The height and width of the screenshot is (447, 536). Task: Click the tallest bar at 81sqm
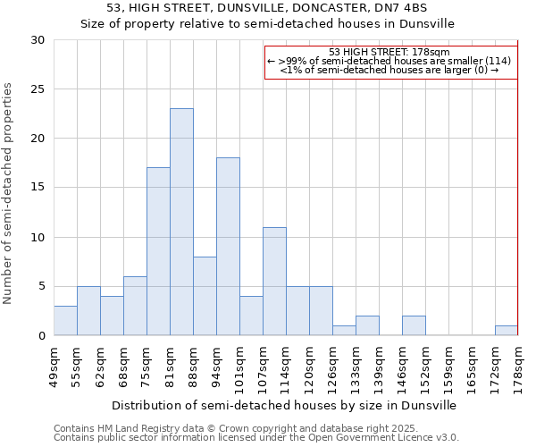(181, 222)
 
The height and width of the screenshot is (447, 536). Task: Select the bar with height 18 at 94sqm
(228, 247)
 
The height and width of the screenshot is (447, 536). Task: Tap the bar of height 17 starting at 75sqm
(158, 251)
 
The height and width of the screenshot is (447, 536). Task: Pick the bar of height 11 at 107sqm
(274, 281)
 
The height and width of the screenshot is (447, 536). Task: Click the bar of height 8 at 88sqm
(205, 296)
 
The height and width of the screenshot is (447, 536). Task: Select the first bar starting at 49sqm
(65, 320)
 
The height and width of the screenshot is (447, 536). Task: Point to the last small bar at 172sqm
(506, 330)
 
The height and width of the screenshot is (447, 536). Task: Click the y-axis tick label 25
(37, 89)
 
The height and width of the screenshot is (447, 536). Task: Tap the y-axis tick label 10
(37, 238)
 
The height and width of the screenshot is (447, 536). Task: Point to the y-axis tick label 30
(37, 40)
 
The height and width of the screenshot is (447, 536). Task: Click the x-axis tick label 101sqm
(239, 365)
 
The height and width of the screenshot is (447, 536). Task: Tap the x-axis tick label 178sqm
(518, 365)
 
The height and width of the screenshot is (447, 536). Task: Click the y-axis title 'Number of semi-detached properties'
(9, 193)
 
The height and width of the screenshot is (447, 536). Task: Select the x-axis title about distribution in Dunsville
(285, 405)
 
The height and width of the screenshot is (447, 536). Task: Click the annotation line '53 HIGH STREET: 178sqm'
(390, 52)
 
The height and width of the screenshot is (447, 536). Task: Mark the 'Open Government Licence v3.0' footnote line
(256, 437)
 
